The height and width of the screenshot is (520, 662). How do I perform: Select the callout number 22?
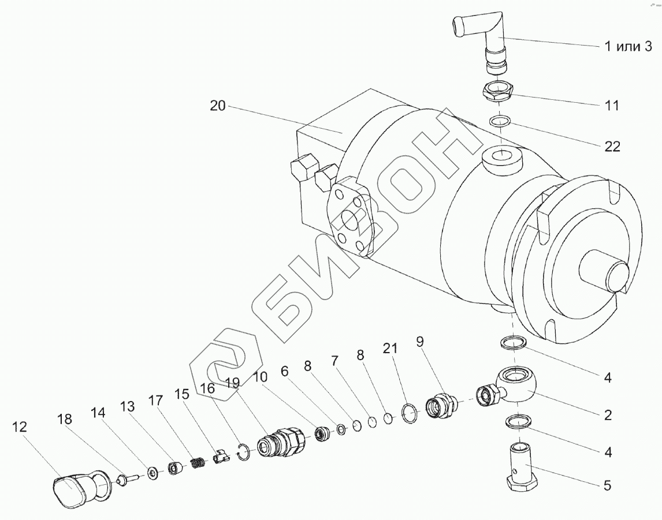pyautogui.click(x=612, y=147)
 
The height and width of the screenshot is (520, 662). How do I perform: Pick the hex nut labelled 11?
pyautogui.click(x=497, y=91)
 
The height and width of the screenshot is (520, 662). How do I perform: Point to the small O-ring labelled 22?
pyautogui.click(x=500, y=122)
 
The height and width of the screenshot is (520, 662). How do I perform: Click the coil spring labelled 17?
pyautogui.click(x=198, y=462)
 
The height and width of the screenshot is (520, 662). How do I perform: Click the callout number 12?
pyautogui.click(x=19, y=427)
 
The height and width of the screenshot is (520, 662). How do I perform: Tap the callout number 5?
pyautogui.click(x=607, y=486)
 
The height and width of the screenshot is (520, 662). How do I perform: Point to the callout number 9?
pyautogui.click(x=420, y=342)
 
